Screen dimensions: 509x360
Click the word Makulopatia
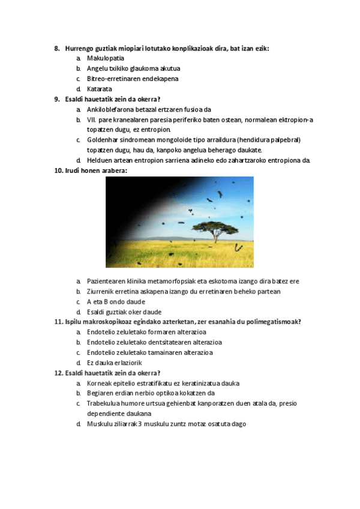click(105, 58)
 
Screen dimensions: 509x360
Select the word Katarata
click(100, 89)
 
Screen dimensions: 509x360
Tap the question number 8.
click(57, 48)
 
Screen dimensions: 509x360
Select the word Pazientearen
click(107, 281)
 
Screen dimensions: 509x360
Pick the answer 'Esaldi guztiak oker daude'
click(124, 312)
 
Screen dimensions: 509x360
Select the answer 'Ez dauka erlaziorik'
click(117, 363)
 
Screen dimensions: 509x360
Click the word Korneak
click(99, 383)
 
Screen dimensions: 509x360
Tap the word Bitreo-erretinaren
click(113, 79)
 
